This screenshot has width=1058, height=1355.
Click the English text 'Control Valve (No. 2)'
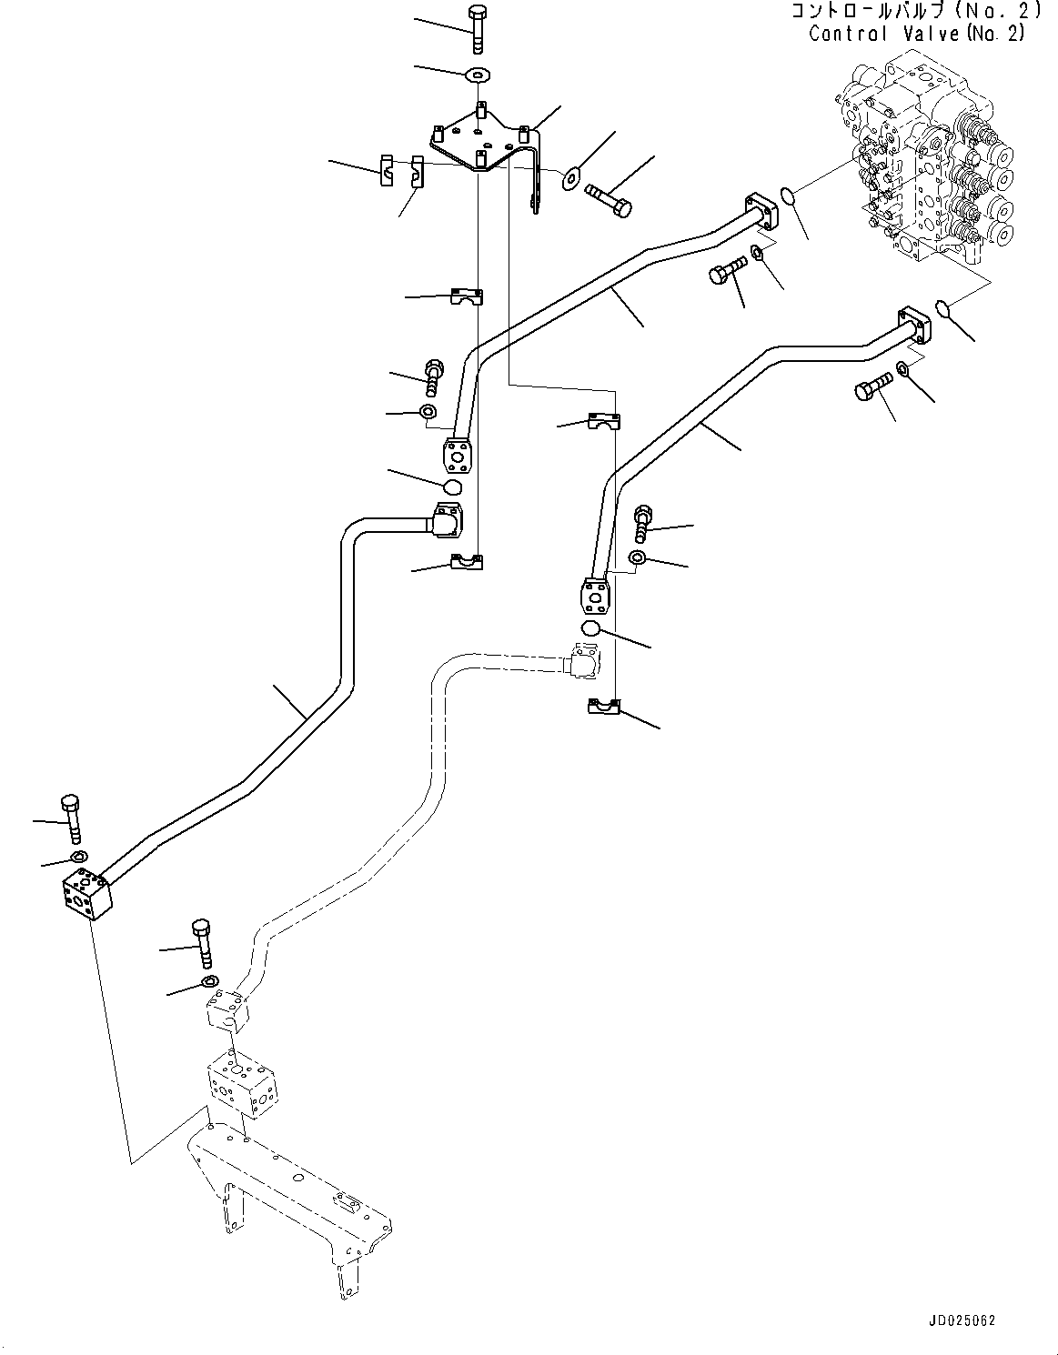(x=916, y=34)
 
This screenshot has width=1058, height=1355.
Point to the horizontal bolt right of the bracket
(x=609, y=200)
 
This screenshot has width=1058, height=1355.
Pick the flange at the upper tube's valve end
(x=762, y=212)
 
